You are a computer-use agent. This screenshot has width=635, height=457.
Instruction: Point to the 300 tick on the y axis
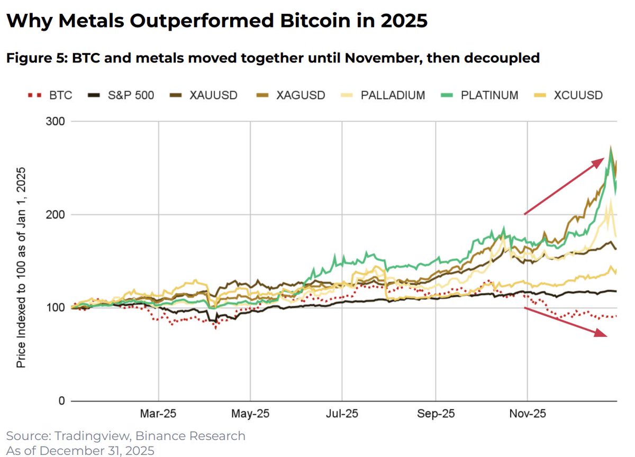coord(55,122)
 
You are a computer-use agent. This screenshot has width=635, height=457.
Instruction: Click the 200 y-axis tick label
coord(55,215)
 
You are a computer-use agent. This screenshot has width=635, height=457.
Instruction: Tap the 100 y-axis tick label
coord(55,308)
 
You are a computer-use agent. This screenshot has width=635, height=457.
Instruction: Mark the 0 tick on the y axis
coord(61,401)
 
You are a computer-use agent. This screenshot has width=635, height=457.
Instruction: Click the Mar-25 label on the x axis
coord(159,414)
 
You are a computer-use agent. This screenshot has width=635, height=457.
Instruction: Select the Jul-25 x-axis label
coord(342,414)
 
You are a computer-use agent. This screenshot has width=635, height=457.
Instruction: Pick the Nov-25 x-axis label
coord(527,414)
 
